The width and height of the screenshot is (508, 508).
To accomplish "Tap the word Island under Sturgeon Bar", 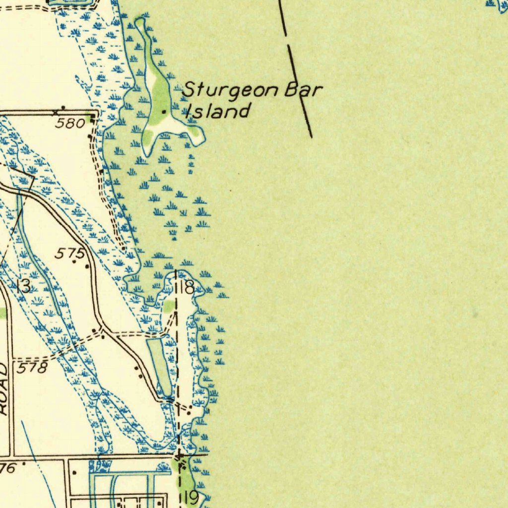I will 217,111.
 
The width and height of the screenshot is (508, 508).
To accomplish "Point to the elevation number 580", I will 70,123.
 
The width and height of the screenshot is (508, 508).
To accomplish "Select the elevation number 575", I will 70,254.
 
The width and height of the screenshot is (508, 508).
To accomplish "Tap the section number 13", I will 23,286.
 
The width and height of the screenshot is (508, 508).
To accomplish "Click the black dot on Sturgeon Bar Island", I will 164,112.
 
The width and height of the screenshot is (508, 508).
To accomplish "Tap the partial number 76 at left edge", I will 8,468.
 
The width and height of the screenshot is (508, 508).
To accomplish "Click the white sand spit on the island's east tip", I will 195,137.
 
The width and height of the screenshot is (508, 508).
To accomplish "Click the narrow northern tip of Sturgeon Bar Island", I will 140,22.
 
